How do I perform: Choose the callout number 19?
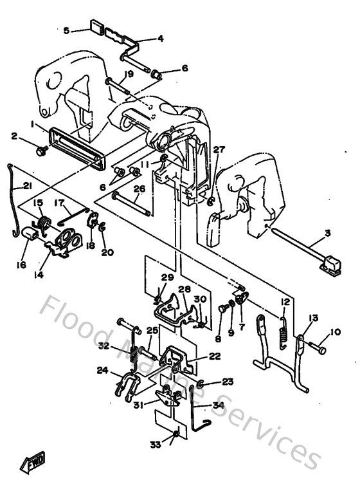[129, 74]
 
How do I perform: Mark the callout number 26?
[138, 189]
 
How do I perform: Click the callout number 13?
[313, 317]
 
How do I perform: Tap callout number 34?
[218, 405]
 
